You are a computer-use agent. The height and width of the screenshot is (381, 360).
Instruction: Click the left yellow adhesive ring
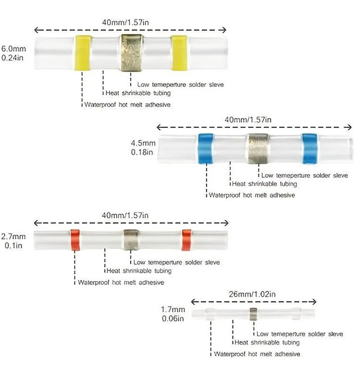83,53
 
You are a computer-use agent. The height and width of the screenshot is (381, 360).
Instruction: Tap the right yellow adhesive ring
179,53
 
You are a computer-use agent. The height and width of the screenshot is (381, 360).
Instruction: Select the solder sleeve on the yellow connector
132,53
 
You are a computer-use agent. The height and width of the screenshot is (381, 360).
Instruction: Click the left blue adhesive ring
206,148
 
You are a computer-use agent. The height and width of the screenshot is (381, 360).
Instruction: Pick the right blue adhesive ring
310,148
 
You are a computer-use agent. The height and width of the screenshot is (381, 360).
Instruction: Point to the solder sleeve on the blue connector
258,148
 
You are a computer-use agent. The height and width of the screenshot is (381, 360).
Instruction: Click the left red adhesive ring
75,240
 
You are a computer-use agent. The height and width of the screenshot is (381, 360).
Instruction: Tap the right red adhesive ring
186,240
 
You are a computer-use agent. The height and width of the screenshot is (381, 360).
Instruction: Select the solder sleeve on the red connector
131,240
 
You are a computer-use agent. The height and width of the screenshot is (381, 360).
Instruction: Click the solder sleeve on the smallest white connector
253,314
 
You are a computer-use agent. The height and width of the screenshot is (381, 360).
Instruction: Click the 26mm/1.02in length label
252,294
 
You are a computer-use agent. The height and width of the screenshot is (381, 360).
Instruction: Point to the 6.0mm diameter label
13,48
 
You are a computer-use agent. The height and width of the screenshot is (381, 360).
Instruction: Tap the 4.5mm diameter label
144,143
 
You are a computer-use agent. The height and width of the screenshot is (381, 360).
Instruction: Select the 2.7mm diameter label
13,236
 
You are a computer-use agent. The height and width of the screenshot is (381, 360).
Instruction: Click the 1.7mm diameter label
173,309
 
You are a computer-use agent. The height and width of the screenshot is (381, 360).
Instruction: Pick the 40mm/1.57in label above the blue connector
248,120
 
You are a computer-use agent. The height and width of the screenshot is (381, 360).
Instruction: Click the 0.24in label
12,58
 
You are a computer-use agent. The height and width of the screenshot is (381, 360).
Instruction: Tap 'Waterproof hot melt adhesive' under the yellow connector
127,105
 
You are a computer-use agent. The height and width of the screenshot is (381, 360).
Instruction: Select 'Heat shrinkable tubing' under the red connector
139,271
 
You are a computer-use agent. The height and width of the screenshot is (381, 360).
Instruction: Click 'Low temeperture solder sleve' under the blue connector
305,175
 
